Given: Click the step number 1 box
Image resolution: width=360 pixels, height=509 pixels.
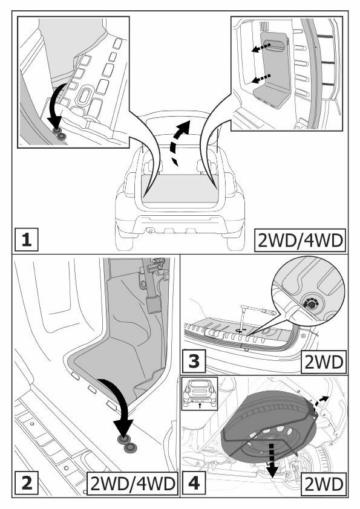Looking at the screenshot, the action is pos(27,239).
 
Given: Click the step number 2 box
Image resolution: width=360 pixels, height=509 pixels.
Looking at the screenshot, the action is pos(27,484).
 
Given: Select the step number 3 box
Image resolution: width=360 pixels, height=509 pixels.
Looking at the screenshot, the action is pos(194,361).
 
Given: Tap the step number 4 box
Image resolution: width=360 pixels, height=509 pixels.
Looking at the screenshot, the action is pos(194,484).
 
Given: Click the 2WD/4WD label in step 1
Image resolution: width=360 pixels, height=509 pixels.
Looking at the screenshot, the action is pos(300,240).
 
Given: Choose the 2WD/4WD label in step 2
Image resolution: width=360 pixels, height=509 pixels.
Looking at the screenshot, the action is pos(133,484).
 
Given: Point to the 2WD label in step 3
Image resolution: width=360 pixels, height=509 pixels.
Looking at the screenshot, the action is pos(324,362).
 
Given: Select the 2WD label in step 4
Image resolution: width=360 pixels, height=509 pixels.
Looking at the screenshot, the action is pos(324,484).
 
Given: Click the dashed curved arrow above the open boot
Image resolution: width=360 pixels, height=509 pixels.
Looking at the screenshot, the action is pos(178,143).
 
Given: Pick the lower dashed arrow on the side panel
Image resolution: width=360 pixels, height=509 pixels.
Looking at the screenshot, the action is pos(261,78).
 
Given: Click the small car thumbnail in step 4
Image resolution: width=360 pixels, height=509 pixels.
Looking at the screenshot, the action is pos(200,394).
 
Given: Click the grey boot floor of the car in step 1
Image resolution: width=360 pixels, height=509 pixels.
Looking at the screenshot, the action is pos(181,188).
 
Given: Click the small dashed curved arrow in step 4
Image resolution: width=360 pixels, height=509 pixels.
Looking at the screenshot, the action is pos(321,401).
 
